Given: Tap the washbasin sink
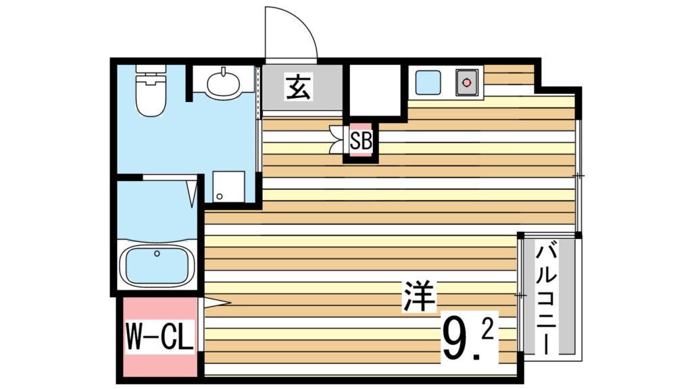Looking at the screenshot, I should pos(222,84).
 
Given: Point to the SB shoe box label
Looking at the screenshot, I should pos(360,141).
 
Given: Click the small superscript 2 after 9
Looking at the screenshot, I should pos(488,330).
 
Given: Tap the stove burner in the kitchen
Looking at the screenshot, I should pos(466,82).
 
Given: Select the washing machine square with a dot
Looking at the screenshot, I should pos(228,186).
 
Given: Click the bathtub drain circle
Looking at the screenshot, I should pos(157,254).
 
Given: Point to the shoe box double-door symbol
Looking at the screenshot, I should pos(337,140).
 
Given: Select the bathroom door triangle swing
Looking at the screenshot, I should pos(192,192).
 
